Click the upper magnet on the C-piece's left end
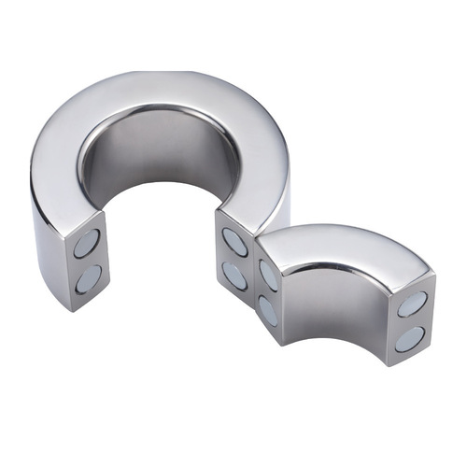point(87,244)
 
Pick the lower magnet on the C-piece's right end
point(234,275)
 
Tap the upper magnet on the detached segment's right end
point(411,304)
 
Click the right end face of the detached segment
point(411,321)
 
